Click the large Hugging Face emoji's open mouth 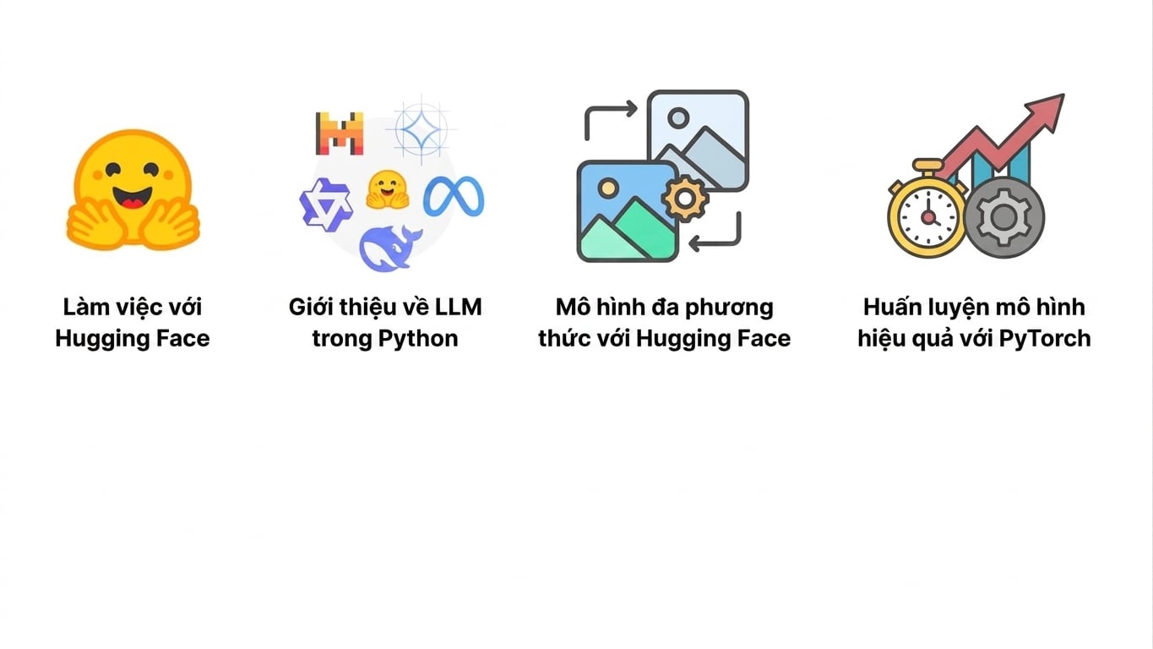click(133, 196)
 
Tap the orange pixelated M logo click(340, 134)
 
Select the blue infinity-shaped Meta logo click(454, 196)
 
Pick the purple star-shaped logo click(326, 205)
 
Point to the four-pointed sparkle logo click(421, 128)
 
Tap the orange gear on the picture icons click(684, 199)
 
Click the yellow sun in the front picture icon click(608, 188)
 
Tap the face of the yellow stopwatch click(927, 217)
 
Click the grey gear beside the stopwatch click(1003, 217)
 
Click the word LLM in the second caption click(458, 307)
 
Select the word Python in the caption click(417, 339)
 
